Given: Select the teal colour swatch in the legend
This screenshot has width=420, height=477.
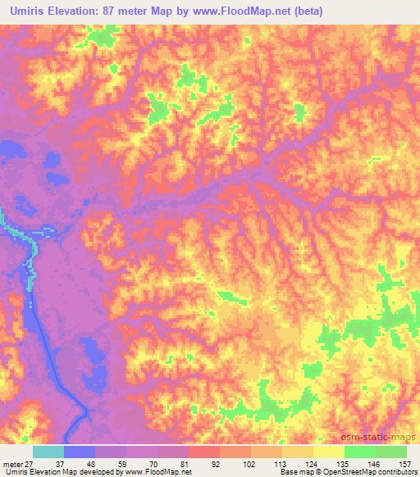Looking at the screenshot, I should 48,452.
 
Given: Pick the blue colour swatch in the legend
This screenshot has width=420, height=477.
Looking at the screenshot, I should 80,452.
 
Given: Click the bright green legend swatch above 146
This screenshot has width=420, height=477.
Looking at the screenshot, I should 360,452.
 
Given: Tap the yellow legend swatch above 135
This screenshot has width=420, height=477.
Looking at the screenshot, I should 329,452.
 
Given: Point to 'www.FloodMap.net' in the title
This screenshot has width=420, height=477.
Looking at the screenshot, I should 243,11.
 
